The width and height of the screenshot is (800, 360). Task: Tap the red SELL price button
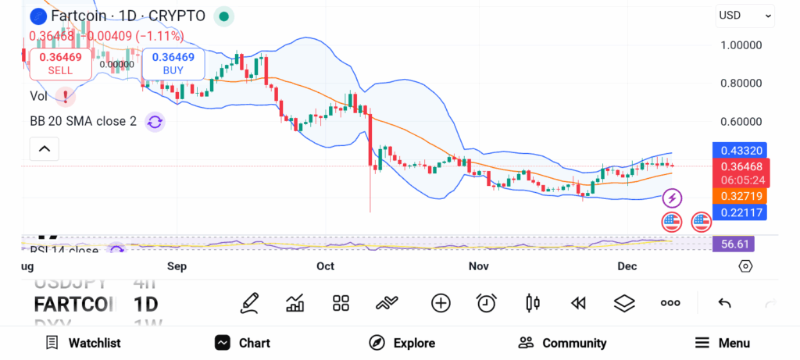60,63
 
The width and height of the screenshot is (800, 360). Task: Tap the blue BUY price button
173,63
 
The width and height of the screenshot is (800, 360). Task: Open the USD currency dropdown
745,15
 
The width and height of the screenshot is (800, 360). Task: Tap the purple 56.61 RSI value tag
735,244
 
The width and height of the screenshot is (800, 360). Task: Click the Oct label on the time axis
325,266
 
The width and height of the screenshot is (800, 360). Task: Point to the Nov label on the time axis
479,266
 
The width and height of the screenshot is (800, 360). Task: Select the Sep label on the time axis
177,266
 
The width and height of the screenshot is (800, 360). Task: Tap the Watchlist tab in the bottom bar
83,343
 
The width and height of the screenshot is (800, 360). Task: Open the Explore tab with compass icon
402,343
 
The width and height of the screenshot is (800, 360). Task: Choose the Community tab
562,343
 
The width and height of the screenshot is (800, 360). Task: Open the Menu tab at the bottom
722,343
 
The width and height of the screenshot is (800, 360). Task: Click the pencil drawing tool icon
249,303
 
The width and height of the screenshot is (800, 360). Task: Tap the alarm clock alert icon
487,303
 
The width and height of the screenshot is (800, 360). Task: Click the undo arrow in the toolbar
724,303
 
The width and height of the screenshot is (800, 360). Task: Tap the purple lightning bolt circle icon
672,198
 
